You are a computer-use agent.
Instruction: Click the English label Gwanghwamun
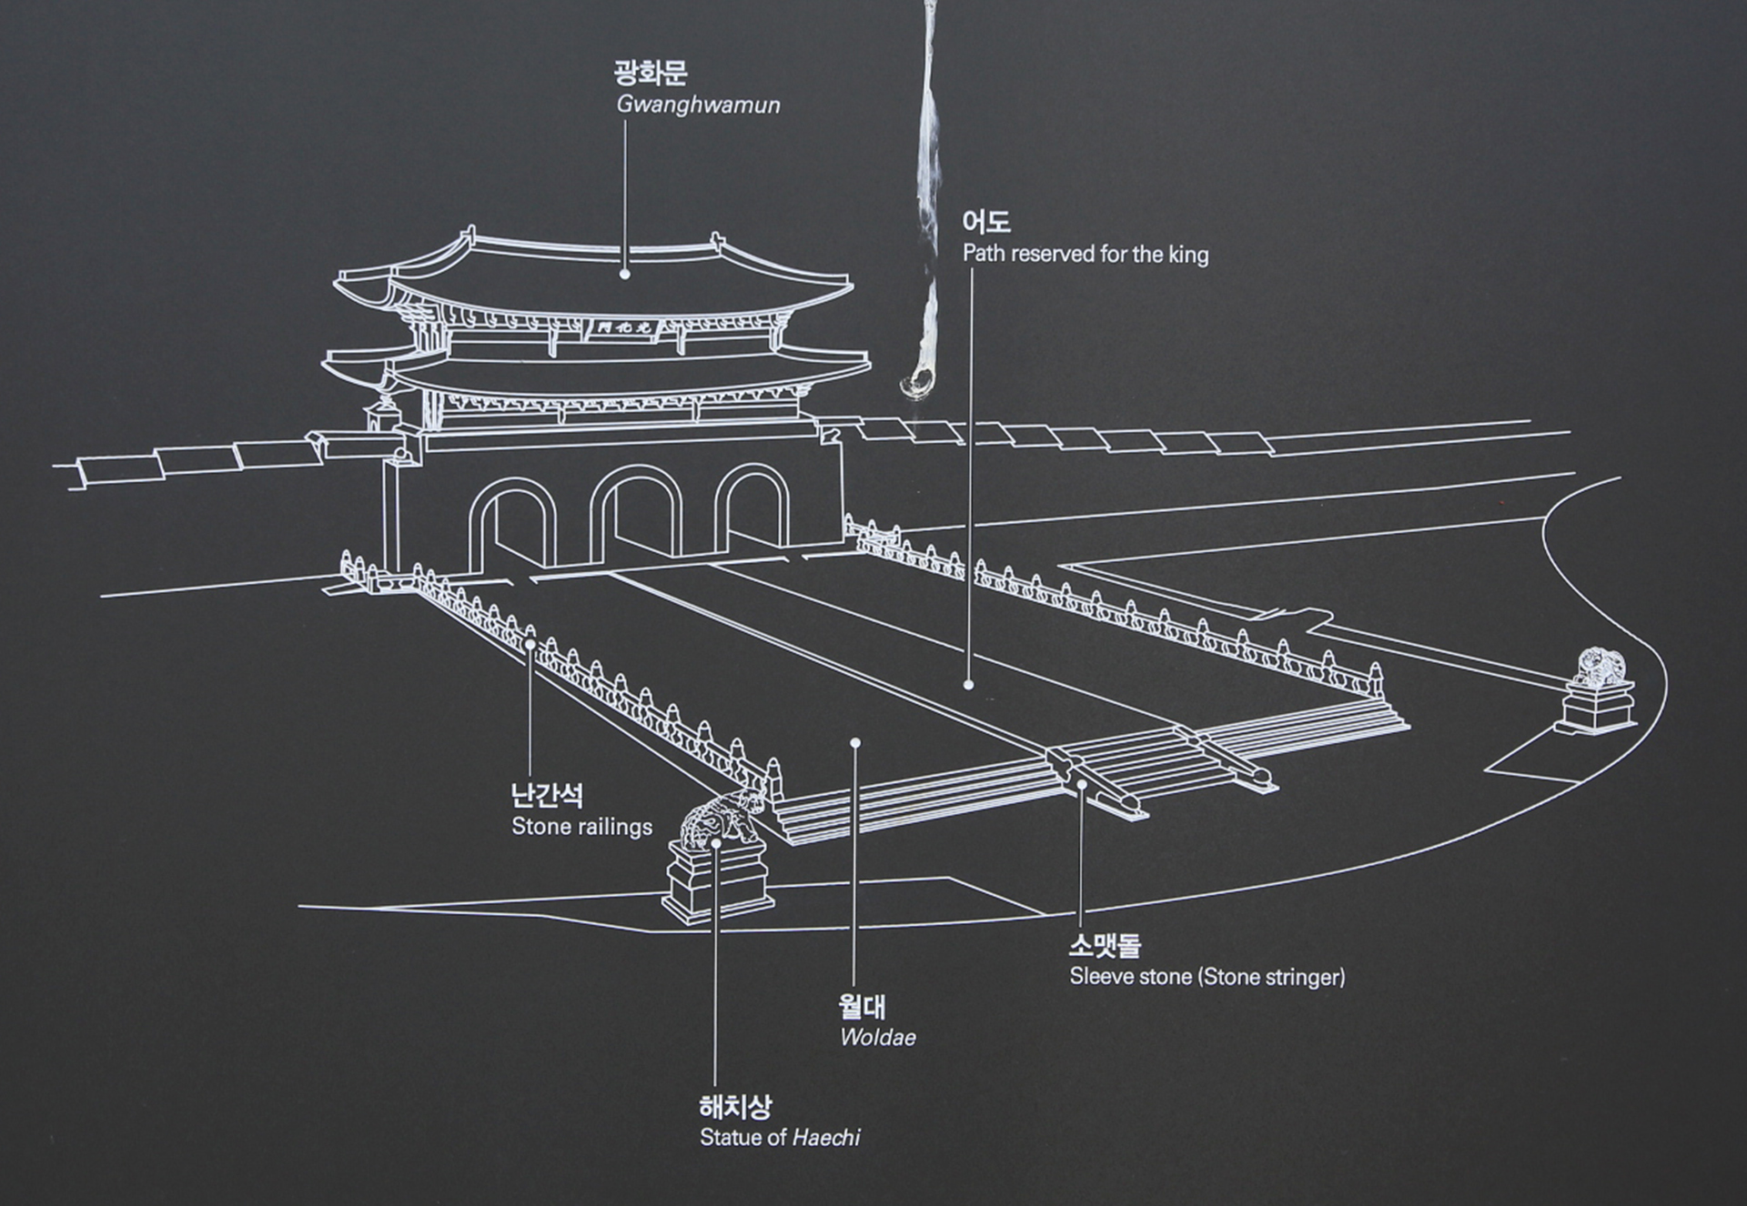click(698, 105)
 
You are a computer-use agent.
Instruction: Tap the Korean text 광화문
click(651, 73)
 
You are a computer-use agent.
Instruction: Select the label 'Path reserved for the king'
click(1086, 254)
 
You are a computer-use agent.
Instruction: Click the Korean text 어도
click(986, 222)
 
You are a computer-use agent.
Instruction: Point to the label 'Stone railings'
click(581, 827)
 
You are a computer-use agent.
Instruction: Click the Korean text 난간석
click(547, 796)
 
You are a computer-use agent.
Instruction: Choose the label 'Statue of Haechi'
click(780, 1138)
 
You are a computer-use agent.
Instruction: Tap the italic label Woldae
click(877, 1038)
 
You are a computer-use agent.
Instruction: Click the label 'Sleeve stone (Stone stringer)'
click(1207, 978)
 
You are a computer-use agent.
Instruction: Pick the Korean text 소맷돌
click(1105, 946)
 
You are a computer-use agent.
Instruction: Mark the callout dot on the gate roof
click(625, 273)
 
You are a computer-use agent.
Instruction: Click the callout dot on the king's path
click(969, 685)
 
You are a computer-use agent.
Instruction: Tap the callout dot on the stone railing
click(530, 643)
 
